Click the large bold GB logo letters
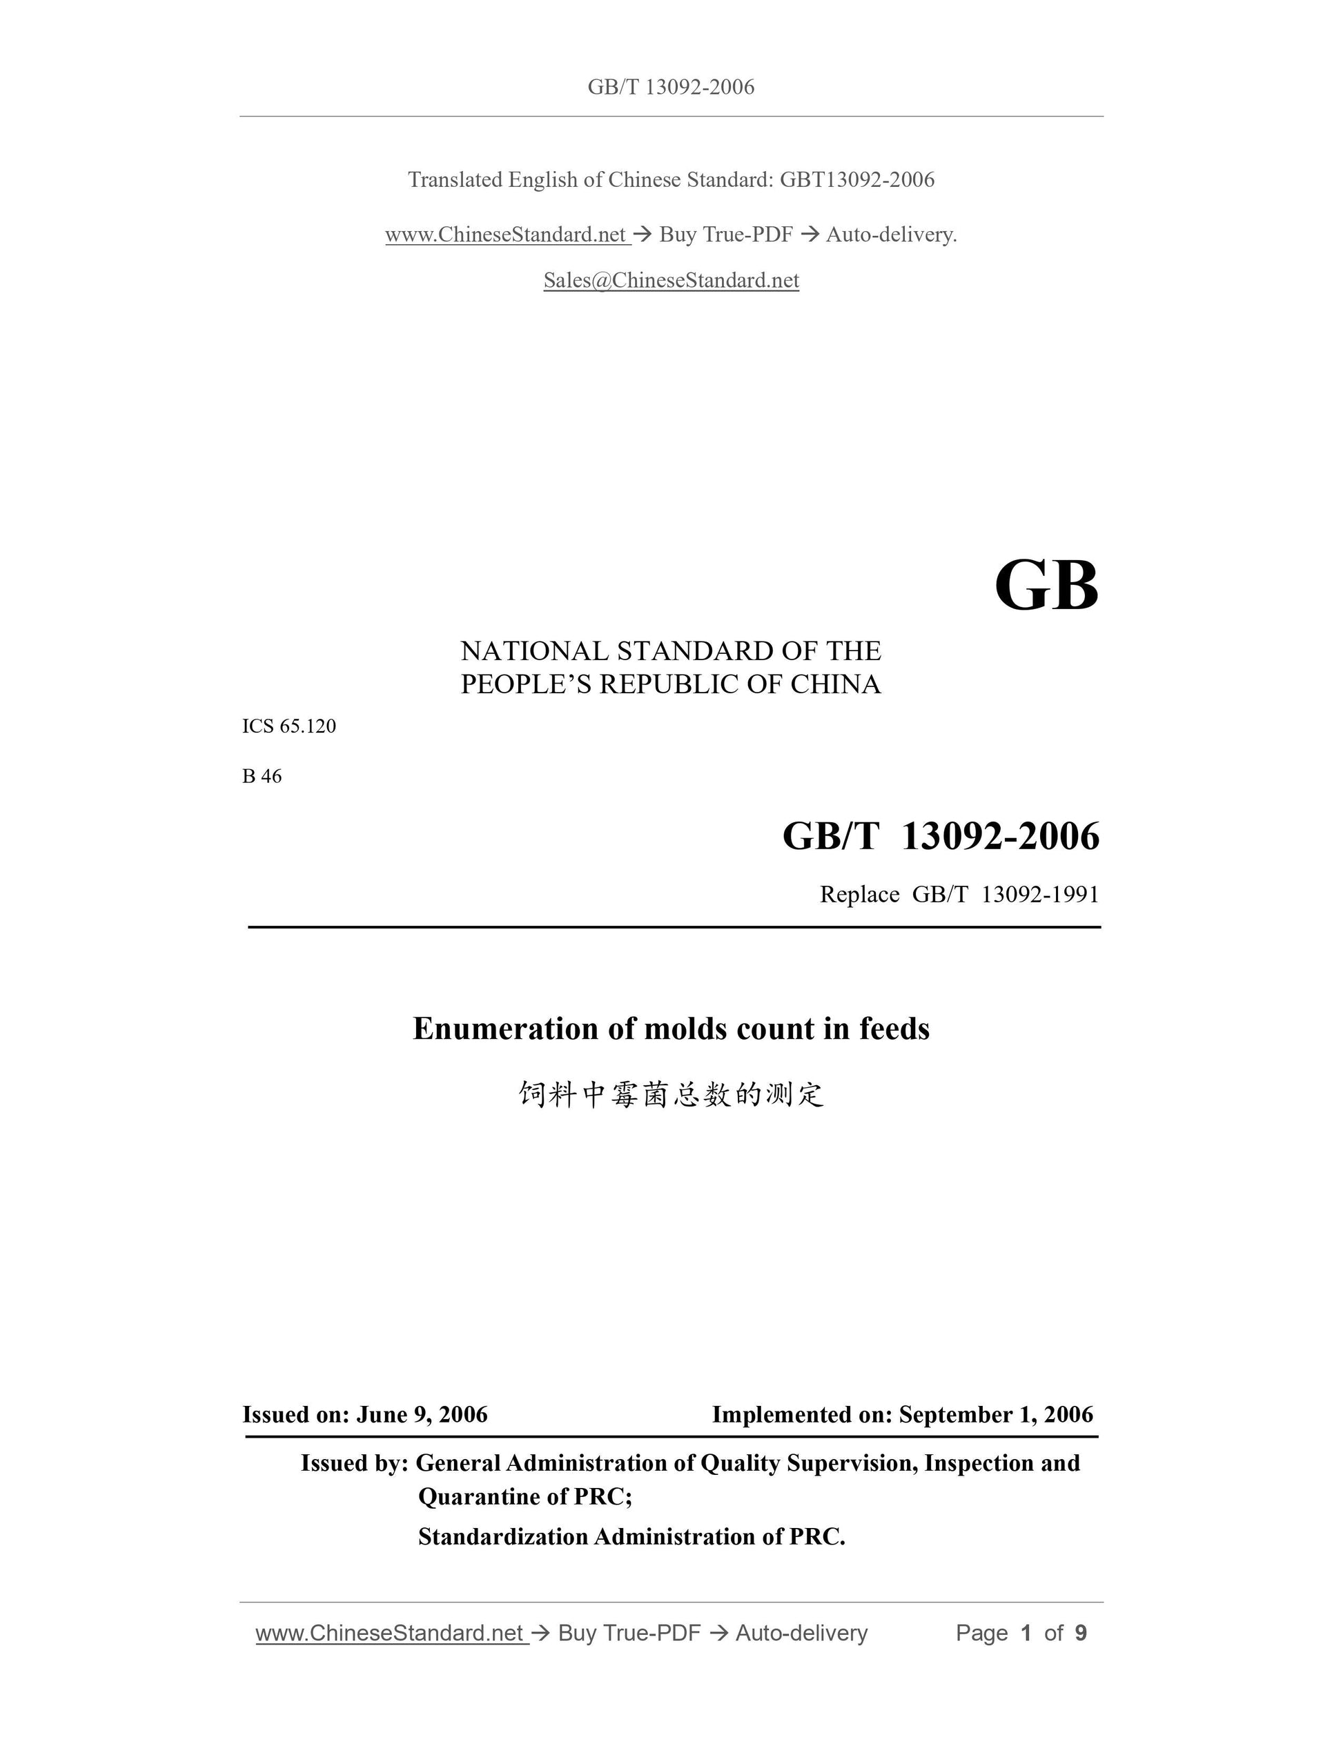pyautogui.click(x=1046, y=586)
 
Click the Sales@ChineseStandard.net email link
pyautogui.click(x=671, y=280)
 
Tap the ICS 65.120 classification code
pyautogui.click(x=288, y=726)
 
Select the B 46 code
pyautogui.click(x=262, y=776)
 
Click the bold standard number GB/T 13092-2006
pyautogui.click(x=941, y=836)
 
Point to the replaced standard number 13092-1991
pyautogui.click(x=1040, y=895)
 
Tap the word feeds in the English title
pyautogui.click(x=894, y=1029)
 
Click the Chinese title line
pyautogui.click(x=671, y=1094)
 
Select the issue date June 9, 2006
pyautogui.click(x=422, y=1414)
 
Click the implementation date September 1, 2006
pyautogui.click(x=995, y=1414)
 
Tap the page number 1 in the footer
pyautogui.click(x=1026, y=1633)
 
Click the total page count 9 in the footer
pyautogui.click(x=1081, y=1633)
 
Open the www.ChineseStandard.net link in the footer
pyautogui.click(x=390, y=1633)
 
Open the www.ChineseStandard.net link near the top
pyautogui.click(x=506, y=235)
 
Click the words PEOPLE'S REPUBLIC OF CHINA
pyautogui.click(x=671, y=684)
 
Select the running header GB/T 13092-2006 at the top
pyautogui.click(x=671, y=87)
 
